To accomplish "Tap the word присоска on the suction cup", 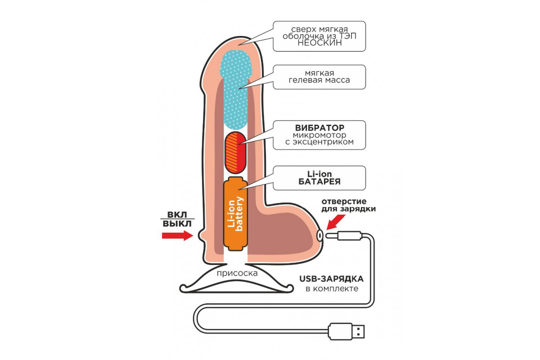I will (x=237, y=273).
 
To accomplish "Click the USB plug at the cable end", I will (x=347, y=331).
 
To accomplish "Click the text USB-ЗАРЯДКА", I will (x=332, y=279).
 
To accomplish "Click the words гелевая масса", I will (x=320, y=81).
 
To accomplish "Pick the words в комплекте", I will (x=332, y=288).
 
